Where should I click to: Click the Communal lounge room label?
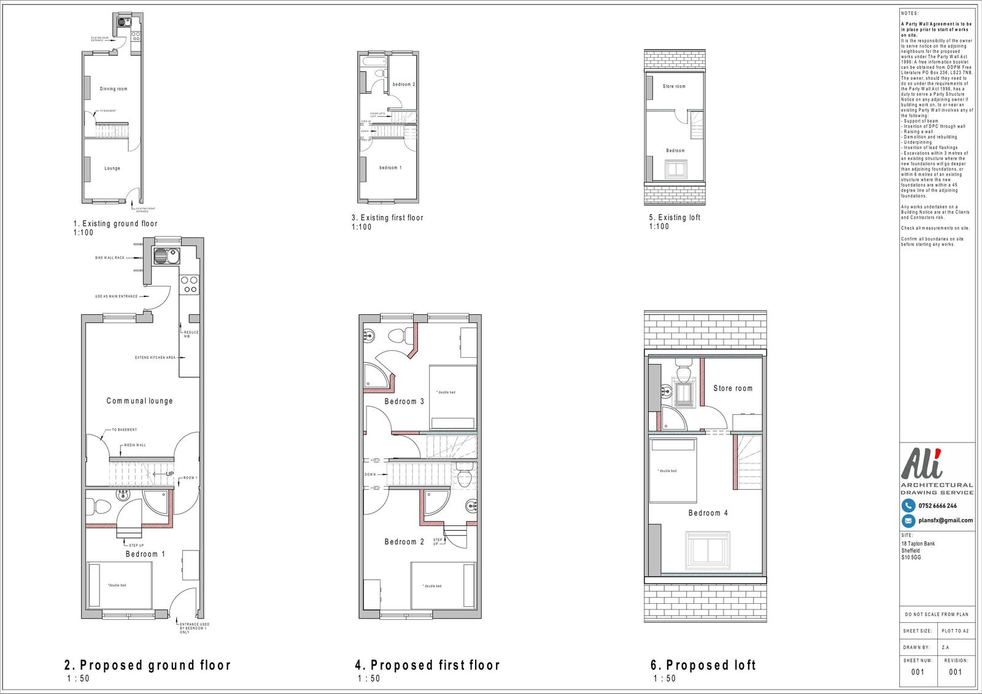(x=139, y=401)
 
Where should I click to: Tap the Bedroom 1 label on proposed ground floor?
(x=145, y=554)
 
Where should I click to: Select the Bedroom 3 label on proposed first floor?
(x=404, y=401)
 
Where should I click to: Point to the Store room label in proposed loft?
(x=732, y=388)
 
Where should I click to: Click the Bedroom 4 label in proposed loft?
(x=708, y=513)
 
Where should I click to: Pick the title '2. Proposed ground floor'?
(x=147, y=665)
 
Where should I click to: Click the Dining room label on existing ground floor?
(x=114, y=89)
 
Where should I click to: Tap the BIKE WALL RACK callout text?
(x=109, y=258)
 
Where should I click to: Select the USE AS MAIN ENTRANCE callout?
(x=116, y=296)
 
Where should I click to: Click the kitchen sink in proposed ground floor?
(x=166, y=256)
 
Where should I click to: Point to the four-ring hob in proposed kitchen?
(x=189, y=284)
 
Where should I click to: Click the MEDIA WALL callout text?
(x=134, y=445)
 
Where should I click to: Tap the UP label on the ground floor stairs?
(x=170, y=474)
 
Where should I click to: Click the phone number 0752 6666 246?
(x=937, y=506)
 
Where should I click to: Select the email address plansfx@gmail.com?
(x=945, y=520)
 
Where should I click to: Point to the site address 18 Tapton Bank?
(x=918, y=544)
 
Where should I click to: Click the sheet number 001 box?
(x=918, y=672)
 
